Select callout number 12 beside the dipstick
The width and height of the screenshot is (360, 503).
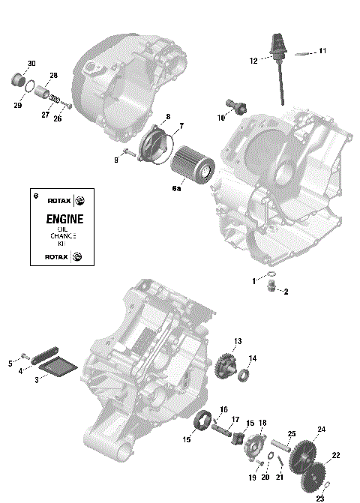(x=253, y=60)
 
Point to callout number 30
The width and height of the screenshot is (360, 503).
(x=31, y=63)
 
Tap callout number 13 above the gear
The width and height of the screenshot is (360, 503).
(x=237, y=341)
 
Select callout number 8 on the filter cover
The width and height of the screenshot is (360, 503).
(x=167, y=116)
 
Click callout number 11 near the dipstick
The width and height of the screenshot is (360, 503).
(x=322, y=51)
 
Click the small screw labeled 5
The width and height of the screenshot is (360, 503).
(x=24, y=354)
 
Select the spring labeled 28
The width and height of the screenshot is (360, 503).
(x=50, y=97)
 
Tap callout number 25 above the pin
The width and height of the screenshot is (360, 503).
(x=292, y=434)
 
